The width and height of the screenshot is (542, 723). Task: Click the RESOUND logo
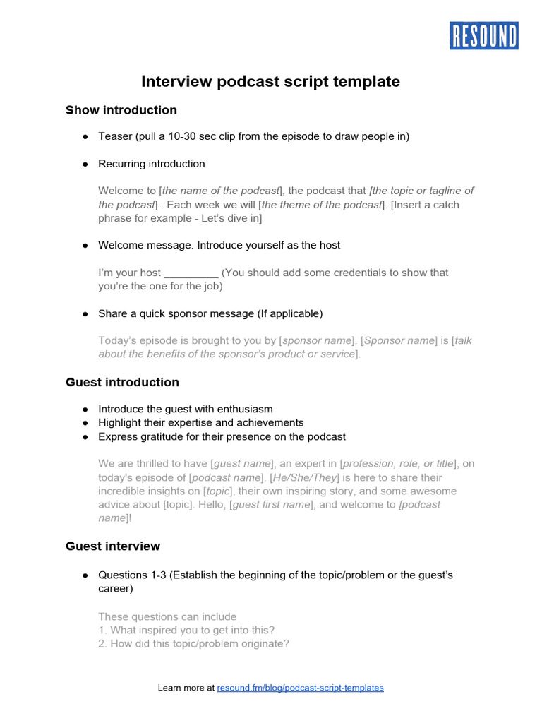484,35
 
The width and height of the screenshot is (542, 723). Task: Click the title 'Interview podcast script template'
270,82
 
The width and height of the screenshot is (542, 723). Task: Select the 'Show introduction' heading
121,110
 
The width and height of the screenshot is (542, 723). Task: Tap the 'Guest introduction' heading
122,382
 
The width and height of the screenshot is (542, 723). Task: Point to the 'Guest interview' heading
113,546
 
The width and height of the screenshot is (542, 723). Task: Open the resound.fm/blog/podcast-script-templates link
301,687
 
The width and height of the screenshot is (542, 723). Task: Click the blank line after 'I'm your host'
191,273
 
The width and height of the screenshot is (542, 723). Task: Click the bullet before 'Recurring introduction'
85,164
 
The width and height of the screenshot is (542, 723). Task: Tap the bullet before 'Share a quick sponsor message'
85,313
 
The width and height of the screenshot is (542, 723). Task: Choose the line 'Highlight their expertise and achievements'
201,422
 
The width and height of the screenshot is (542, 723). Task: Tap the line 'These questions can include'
167,616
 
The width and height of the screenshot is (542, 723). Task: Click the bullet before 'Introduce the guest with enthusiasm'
85,409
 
